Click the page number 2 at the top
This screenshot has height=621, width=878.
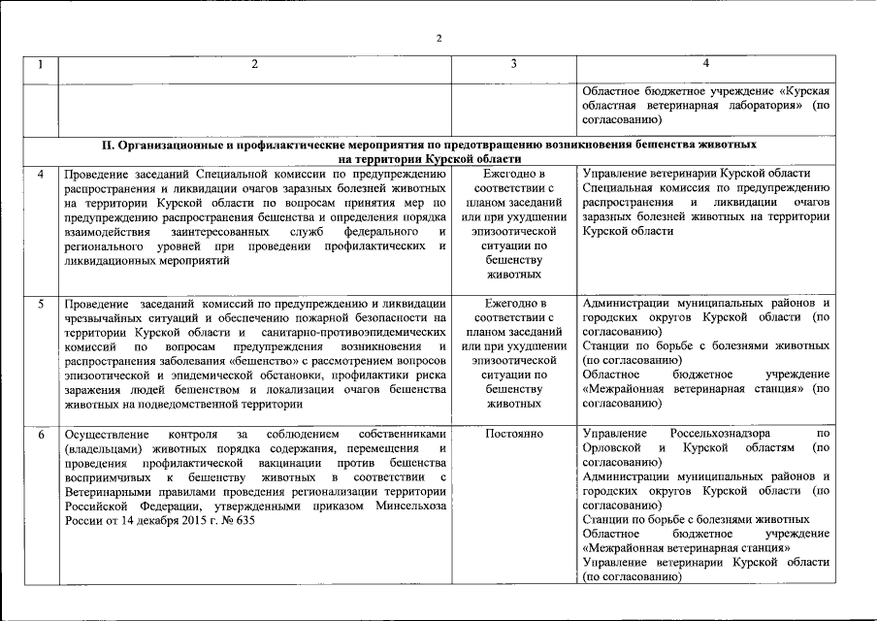click(x=439, y=39)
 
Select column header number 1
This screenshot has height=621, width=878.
click(x=40, y=64)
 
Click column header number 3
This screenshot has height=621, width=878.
click(x=514, y=64)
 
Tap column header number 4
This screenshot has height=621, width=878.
click(x=705, y=64)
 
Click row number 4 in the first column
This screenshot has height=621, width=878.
click(x=40, y=174)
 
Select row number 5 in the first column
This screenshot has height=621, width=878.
click(x=40, y=304)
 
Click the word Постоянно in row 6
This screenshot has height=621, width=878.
click(x=514, y=433)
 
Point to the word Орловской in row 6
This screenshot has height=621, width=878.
click(x=614, y=447)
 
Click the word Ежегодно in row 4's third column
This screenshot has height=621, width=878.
click(x=514, y=174)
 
